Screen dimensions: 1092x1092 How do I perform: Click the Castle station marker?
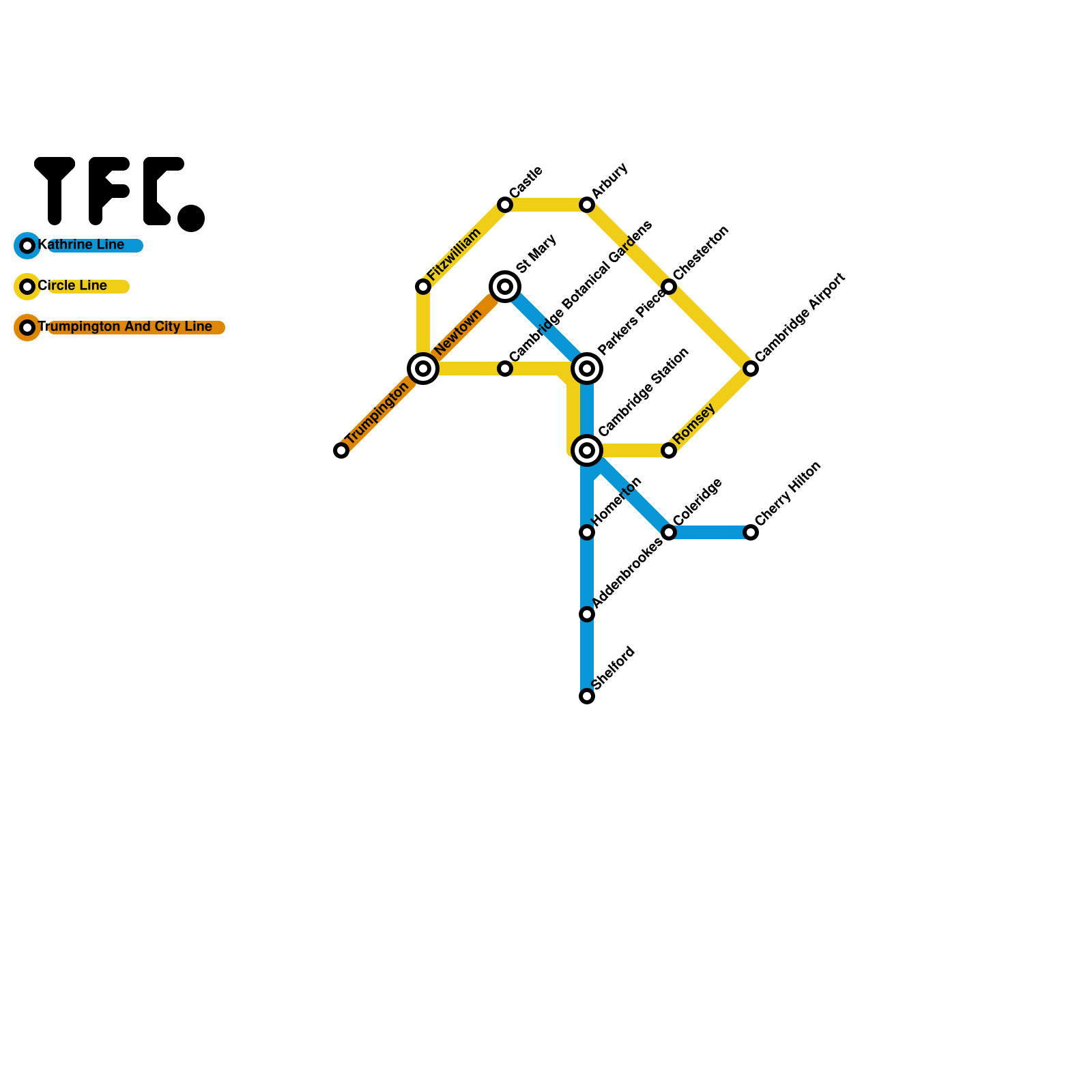pyautogui.click(x=505, y=205)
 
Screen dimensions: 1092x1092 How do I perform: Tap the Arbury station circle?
pyautogui.click(x=587, y=205)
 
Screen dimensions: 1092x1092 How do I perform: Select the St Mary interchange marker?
pyautogui.click(x=505, y=287)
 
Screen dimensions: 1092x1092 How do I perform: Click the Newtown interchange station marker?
pyautogui.click(x=423, y=369)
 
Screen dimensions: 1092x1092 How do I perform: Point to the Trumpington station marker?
pyautogui.click(x=341, y=450)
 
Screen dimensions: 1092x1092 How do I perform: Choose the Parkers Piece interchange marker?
pyautogui.click(x=587, y=369)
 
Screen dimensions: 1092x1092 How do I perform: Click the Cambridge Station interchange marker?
pyautogui.click(x=587, y=450)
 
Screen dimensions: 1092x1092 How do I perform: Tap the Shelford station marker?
pyautogui.click(x=587, y=696)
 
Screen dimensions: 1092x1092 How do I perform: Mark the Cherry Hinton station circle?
pyautogui.click(x=751, y=532)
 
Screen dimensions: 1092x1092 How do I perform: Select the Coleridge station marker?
pyautogui.click(x=669, y=532)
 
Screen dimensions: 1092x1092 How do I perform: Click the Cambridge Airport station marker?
pyautogui.click(x=751, y=369)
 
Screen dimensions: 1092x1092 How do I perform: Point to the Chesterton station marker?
pyautogui.click(x=669, y=287)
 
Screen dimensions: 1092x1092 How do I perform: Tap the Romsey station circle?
pyautogui.click(x=669, y=450)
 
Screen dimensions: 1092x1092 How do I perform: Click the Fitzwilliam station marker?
pyautogui.click(x=423, y=287)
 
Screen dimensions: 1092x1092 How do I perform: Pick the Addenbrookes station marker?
pyautogui.click(x=587, y=614)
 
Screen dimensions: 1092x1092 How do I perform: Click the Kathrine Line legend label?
pyautogui.click(x=82, y=245)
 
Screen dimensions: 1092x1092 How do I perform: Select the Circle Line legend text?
pyautogui.click(x=73, y=286)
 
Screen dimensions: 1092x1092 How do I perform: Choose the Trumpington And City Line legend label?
pyautogui.click(x=126, y=327)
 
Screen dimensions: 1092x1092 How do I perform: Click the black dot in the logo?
pyautogui.click(x=191, y=218)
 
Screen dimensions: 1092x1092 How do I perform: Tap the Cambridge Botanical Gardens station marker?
pyautogui.click(x=505, y=369)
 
